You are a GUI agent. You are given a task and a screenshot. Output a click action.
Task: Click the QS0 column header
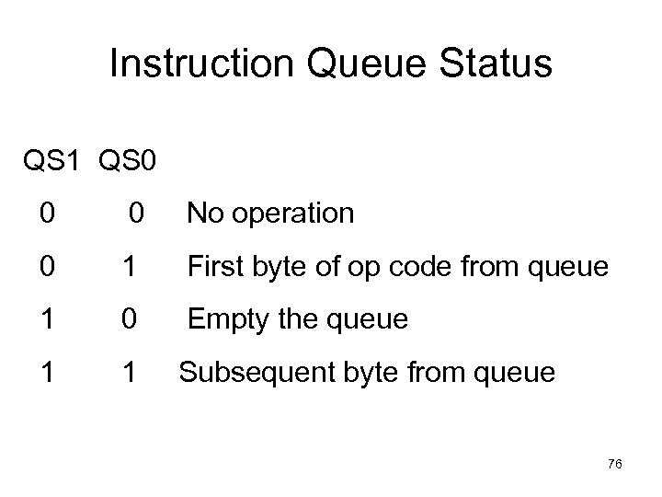(x=124, y=163)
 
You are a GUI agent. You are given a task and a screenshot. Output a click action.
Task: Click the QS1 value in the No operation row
(x=47, y=214)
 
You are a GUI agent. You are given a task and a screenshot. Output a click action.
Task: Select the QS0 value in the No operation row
(x=134, y=214)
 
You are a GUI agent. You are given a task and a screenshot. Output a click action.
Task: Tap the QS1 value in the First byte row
(x=47, y=267)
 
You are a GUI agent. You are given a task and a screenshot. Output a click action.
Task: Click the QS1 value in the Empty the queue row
(x=47, y=320)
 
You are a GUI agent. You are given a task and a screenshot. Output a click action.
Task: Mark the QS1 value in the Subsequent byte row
(x=47, y=373)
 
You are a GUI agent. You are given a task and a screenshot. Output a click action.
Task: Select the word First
(x=214, y=268)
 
